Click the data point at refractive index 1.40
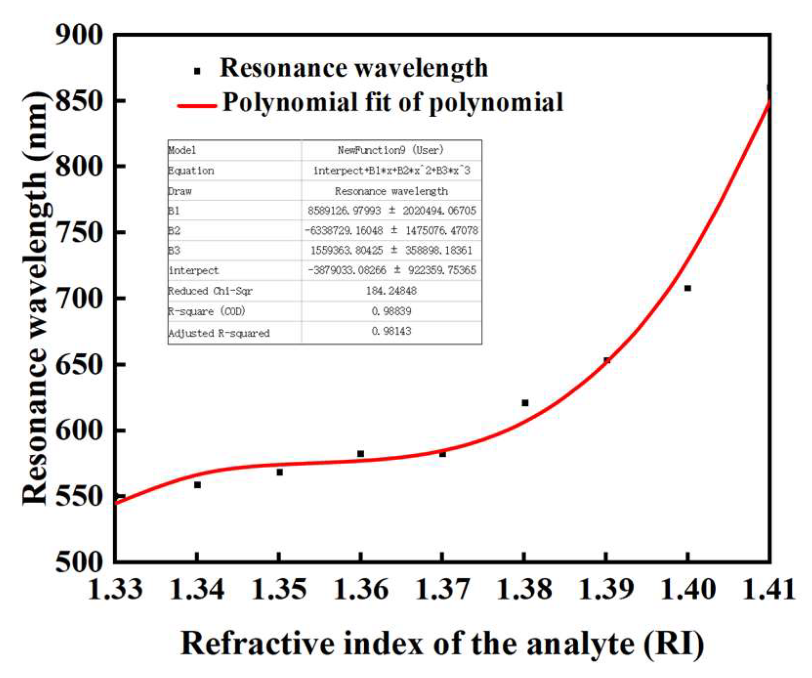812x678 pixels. click(x=687, y=288)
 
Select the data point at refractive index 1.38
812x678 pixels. click(x=525, y=403)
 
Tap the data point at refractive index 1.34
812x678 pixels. click(x=197, y=485)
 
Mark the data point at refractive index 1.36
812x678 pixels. click(x=360, y=454)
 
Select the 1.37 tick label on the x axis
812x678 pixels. click(x=442, y=589)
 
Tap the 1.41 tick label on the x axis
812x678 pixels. click(x=769, y=589)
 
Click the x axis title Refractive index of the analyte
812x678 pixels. click(x=442, y=644)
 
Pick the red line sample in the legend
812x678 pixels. click(x=197, y=106)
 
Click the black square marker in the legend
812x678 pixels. click(x=197, y=71)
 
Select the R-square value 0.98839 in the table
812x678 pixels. click(x=391, y=311)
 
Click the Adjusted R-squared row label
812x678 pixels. click(x=219, y=333)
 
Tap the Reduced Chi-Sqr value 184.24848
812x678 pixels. click(x=391, y=291)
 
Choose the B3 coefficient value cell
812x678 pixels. click(x=391, y=251)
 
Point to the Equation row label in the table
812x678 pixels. click(x=191, y=170)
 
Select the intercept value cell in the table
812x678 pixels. click(x=391, y=270)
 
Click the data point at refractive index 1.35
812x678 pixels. click(x=279, y=472)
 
